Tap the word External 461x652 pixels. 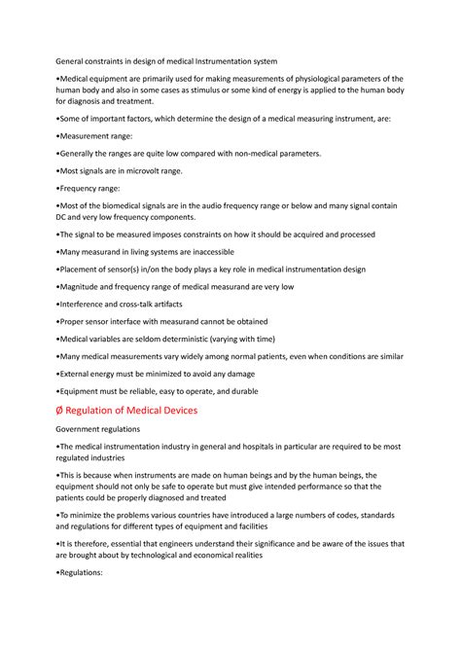pyautogui.click(x=77, y=374)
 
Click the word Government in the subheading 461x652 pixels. pyautogui.click(x=84, y=429)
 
